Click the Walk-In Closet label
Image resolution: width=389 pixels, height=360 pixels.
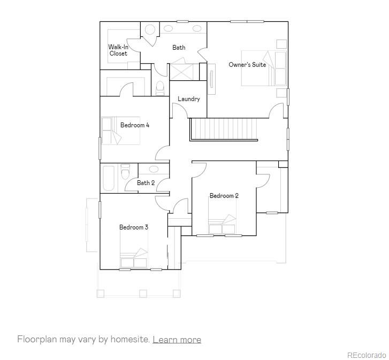[x=118, y=50]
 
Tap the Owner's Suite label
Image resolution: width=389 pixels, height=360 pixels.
[x=247, y=65]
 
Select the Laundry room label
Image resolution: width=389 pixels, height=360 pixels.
[x=188, y=99]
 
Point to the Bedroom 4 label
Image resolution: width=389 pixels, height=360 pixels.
[x=134, y=125]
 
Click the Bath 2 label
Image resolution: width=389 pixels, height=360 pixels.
[x=146, y=183]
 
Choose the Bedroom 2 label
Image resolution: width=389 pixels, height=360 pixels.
[x=224, y=196]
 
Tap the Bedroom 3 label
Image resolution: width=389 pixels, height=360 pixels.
[x=133, y=227]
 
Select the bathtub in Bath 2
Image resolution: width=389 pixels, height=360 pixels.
[x=108, y=178]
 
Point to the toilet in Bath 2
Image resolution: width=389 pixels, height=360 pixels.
[x=125, y=172]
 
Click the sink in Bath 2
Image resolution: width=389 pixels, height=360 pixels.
[x=154, y=169]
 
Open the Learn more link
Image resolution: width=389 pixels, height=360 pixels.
[x=177, y=340]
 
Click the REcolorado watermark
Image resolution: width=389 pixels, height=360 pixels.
[x=366, y=355]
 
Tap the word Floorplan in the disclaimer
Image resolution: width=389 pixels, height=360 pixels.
[x=37, y=340]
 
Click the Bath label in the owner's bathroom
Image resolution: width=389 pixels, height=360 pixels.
[x=179, y=48]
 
